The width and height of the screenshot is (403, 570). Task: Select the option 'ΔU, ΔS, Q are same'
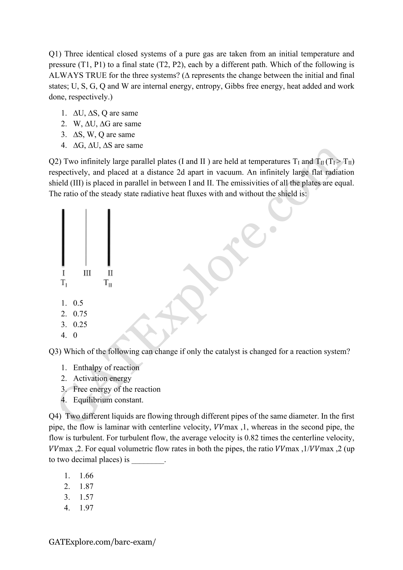click(105, 113)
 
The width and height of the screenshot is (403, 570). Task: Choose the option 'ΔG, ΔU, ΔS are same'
click(108, 145)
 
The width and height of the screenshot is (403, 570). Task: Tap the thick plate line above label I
click(63, 237)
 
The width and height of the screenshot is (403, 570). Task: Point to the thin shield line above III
click(86, 237)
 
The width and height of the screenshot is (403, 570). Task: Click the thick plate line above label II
click(109, 237)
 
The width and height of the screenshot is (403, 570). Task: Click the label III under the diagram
click(87, 273)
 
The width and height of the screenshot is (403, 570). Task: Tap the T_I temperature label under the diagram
click(64, 283)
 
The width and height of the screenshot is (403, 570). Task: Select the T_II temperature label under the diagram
click(108, 283)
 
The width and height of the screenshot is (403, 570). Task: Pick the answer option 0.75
click(80, 314)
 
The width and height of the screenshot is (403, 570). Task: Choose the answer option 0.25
click(80, 325)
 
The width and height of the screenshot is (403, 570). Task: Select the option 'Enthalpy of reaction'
click(106, 368)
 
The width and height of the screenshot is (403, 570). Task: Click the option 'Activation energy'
click(102, 379)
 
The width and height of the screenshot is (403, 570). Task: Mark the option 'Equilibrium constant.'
click(108, 400)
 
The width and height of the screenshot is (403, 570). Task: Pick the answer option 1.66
click(86, 476)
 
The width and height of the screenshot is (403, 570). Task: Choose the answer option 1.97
click(86, 508)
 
